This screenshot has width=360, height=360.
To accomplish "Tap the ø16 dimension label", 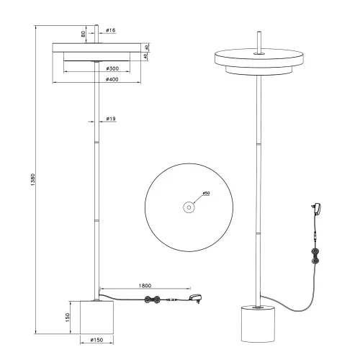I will point(111,31).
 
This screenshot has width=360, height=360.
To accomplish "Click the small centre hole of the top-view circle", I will point(189,207).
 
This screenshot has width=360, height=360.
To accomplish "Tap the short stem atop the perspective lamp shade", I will point(258,42).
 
